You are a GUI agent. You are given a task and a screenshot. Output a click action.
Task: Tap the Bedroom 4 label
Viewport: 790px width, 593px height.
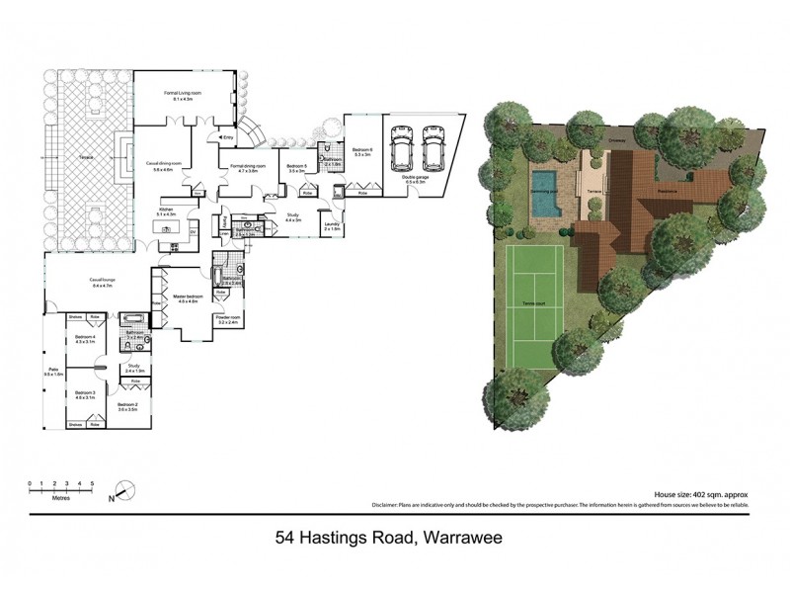(x=84, y=340)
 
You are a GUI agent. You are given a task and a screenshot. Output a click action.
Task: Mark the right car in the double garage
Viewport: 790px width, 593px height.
(x=433, y=152)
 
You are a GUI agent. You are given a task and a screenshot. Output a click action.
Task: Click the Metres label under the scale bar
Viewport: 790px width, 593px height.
(x=61, y=497)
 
